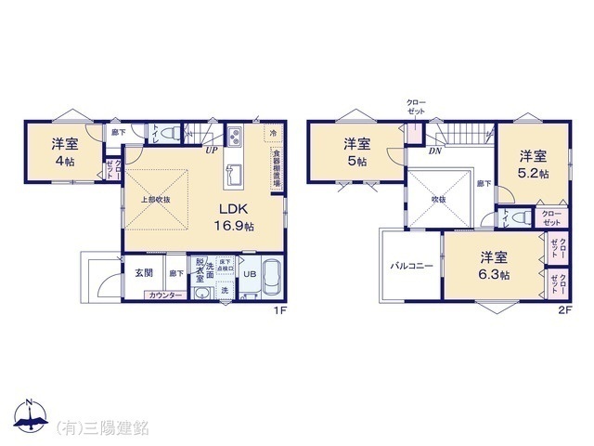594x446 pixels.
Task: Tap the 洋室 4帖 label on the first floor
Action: coord(64,151)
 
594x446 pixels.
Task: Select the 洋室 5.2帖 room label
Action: coord(532,164)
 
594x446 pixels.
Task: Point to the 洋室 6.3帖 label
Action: coord(493,265)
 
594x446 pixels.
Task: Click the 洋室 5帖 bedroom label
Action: coord(357,151)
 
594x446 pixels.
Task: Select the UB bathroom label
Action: coord(249,275)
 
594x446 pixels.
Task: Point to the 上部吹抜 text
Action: coord(154,198)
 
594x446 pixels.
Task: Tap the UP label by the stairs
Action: coord(212,150)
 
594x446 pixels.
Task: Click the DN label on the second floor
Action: coord(434,150)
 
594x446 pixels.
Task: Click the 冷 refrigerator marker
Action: coord(273,133)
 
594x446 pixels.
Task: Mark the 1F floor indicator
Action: coord(278,311)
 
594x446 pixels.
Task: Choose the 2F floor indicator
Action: coord(564,311)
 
